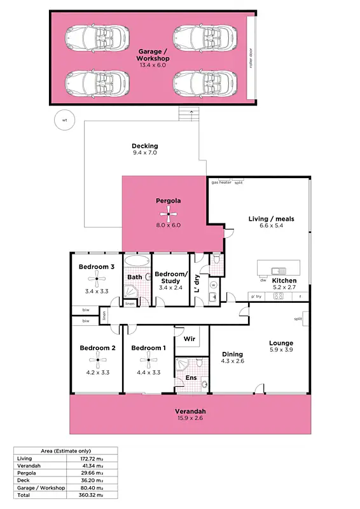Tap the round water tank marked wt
tap(64, 120)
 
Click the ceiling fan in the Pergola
tap(169, 214)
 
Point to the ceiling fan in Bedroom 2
tap(97, 362)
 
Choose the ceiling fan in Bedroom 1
tap(149, 362)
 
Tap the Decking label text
tap(145, 146)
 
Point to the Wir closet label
tap(188, 340)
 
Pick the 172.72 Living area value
tap(88, 458)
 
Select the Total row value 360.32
tap(88, 494)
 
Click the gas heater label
tap(221, 183)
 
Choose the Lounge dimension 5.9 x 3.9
tap(280, 351)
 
